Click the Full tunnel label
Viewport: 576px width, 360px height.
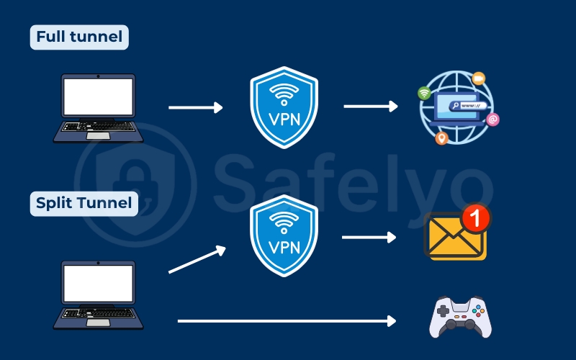78,37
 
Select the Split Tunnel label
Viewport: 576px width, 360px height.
84,204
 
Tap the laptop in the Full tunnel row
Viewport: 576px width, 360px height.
98,108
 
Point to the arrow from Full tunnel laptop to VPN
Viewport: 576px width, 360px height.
195,107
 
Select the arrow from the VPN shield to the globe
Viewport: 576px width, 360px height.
370,107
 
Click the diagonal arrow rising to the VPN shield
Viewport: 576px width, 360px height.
197,261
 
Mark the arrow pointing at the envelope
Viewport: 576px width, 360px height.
369,237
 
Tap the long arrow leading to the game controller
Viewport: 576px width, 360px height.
287,320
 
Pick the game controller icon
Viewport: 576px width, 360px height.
461,317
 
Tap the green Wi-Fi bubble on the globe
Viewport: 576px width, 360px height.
424,93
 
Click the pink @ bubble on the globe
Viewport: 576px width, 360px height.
492,120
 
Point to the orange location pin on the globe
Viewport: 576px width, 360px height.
441,138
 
